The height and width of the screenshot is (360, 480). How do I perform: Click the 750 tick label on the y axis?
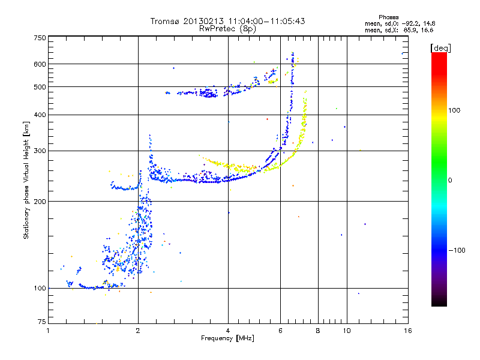(40, 37)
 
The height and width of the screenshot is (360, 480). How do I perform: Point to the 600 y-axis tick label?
(40, 64)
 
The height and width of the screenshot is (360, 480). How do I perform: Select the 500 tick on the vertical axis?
(40, 87)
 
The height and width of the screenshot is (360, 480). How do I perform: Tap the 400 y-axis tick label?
(40, 115)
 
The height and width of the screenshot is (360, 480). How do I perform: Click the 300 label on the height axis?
(40, 151)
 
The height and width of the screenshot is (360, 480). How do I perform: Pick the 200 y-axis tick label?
(40, 201)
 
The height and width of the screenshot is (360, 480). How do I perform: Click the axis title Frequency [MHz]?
(227, 338)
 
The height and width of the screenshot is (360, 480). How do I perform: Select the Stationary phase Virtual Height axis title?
(26, 180)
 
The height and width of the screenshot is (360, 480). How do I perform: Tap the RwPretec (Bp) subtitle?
(228, 28)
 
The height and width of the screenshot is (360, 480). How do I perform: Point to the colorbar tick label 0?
(450, 180)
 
